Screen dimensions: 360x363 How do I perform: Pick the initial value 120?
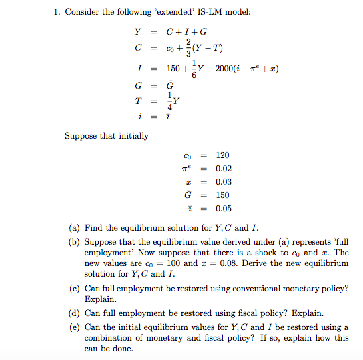[222, 155]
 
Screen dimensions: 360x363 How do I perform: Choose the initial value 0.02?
[224, 169]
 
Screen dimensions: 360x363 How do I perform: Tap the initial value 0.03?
[224, 182]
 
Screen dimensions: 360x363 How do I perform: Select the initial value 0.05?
[224, 208]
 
